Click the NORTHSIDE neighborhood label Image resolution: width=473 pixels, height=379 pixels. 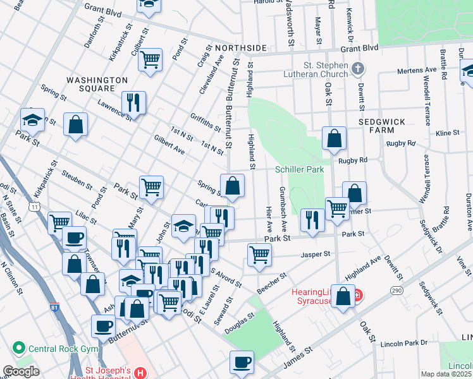tap(240, 48)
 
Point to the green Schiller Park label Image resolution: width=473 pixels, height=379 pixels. tap(299, 169)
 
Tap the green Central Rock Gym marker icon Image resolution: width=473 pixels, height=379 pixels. tap(18, 348)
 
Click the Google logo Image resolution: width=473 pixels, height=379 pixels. tap(21, 372)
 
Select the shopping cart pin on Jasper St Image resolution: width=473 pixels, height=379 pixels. tap(259, 255)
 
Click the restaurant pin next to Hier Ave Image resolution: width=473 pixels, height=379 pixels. tap(312, 218)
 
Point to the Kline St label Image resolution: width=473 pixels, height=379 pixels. tap(447, 133)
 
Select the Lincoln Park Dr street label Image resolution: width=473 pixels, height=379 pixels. tap(405, 344)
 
